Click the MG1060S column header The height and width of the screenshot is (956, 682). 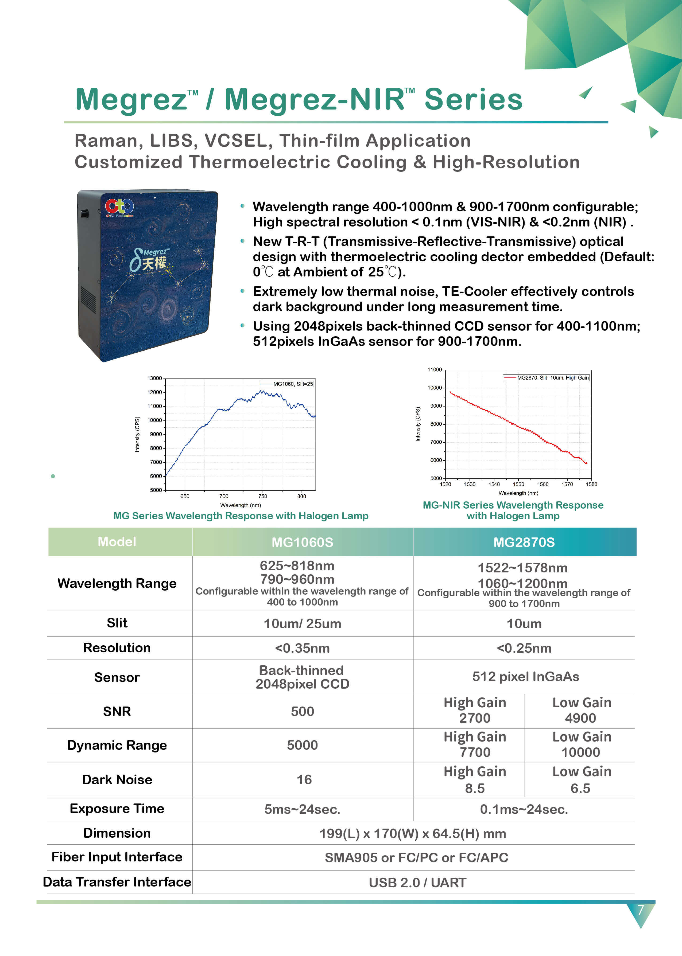[x=302, y=542]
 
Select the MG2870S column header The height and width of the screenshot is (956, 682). [x=524, y=542]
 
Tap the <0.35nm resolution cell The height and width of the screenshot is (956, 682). [x=302, y=648]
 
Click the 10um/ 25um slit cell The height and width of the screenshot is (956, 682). [x=302, y=624]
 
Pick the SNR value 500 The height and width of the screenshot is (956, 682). [x=302, y=711]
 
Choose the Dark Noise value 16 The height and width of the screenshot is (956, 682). [x=304, y=780]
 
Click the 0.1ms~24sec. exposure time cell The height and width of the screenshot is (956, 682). [x=524, y=809]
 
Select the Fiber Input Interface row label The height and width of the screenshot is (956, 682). [x=117, y=857]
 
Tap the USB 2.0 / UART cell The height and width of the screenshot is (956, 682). [x=417, y=883]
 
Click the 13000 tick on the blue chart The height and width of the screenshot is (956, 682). [x=154, y=378]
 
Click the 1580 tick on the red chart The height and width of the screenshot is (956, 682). [x=591, y=484]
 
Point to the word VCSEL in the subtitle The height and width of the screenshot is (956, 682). [x=236, y=141]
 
